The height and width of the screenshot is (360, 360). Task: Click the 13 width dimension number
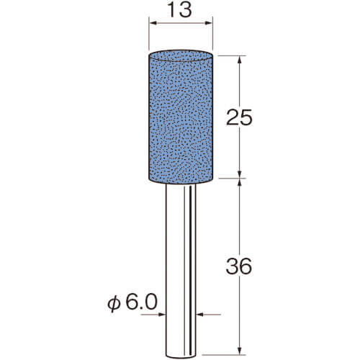pos(180,10)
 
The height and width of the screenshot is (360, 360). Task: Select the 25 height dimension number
pos(239,117)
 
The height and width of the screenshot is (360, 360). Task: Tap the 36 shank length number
pos(239,266)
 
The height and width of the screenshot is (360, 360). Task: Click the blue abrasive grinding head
pos(181,117)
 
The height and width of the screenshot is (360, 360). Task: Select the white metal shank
pos(181,271)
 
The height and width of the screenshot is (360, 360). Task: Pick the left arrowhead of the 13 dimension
pos(153,23)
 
